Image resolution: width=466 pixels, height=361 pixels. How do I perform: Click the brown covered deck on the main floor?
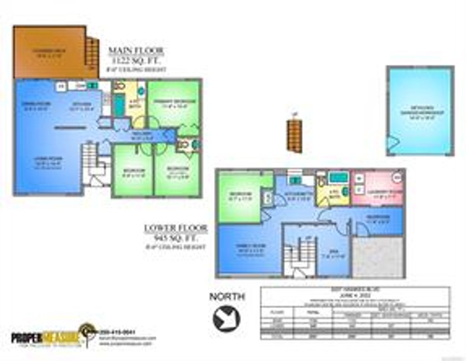[x=49, y=52]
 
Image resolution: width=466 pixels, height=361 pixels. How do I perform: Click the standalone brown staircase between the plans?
[x=294, y=135]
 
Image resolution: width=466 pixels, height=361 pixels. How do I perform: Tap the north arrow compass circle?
[x=227, y=318]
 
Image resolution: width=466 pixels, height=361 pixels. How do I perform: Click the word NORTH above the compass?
[x=227, y=297]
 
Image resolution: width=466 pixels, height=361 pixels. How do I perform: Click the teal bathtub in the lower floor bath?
[x=337, y=178]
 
